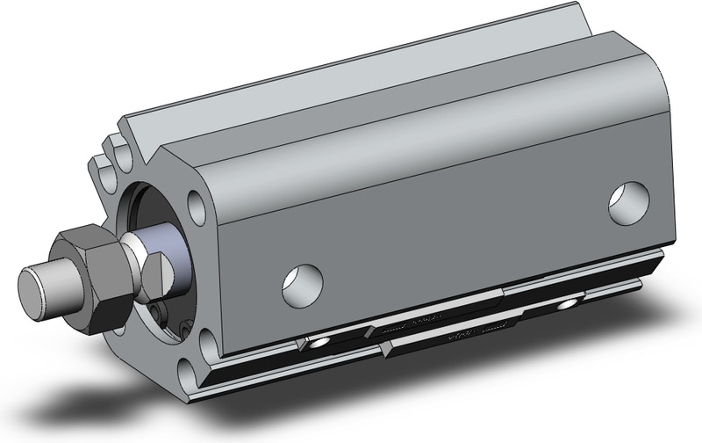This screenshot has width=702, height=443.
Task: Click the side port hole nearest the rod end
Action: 302,282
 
